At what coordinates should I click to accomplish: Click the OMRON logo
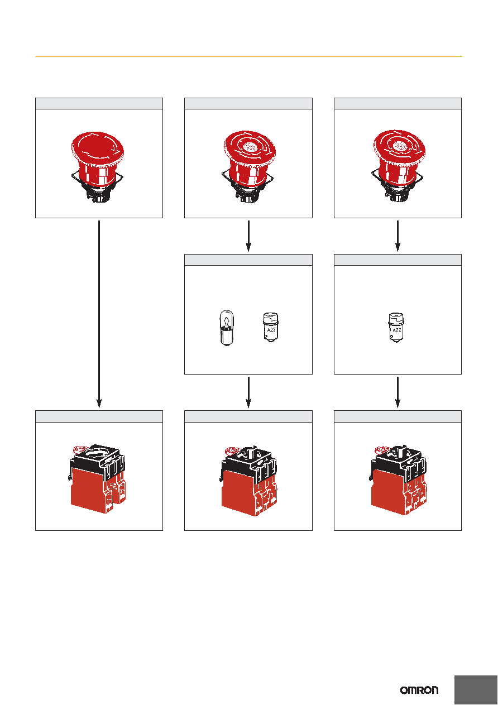419,690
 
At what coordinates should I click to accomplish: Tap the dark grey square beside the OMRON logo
476,690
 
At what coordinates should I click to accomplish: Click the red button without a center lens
98,167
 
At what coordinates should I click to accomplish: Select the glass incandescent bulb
226,328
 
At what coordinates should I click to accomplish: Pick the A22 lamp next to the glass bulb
271,327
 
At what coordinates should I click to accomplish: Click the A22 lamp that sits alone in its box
396,327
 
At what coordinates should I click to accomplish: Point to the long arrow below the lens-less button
99,314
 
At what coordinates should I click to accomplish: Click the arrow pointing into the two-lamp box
248,236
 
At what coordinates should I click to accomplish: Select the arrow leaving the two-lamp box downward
248,392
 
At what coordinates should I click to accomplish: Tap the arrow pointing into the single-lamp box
398,236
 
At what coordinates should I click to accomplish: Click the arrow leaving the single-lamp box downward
398,392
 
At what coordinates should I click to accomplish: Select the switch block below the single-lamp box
398,480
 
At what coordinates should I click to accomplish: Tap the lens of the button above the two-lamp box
250,146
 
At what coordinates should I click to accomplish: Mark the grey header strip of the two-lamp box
248,260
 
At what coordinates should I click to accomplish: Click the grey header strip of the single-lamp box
398,260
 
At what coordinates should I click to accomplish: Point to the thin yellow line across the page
248,56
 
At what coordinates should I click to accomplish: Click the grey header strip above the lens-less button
99,104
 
